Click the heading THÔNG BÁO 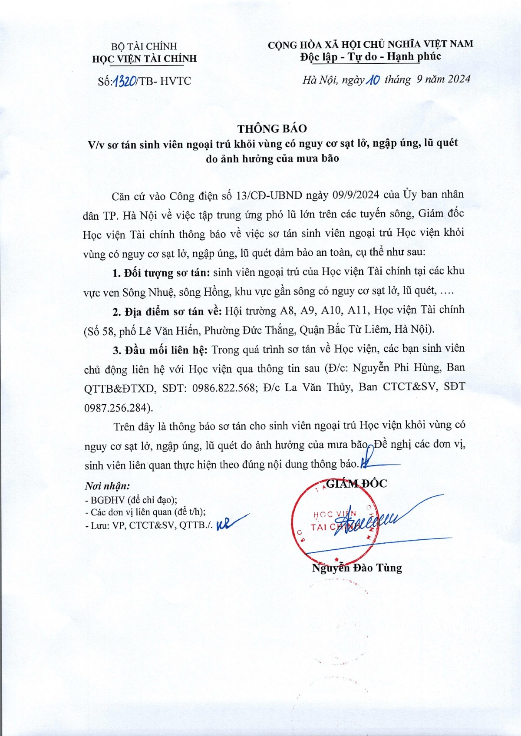[272, 129]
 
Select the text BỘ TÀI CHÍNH [144, 46]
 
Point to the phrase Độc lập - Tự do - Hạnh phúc [370, 57]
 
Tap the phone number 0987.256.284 [116, 407]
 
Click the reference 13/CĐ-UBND [269, 195]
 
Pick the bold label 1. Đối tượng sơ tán [161, 273]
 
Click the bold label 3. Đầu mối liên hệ [161, 350]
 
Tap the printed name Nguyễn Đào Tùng [357, 568]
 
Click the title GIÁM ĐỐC [356, 483]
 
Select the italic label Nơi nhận [107, 486]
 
